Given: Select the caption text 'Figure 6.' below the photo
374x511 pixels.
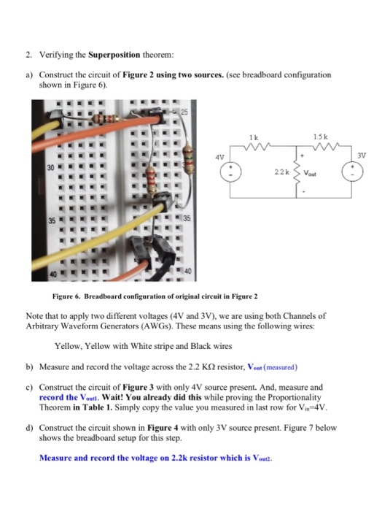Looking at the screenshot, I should tap(69, 298).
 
